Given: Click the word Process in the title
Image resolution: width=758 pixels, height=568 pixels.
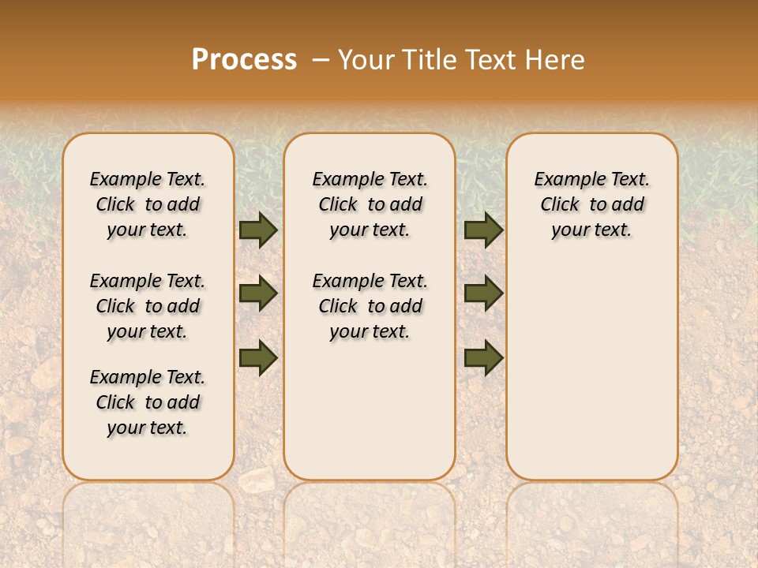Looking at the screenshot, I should [x=244, y=60].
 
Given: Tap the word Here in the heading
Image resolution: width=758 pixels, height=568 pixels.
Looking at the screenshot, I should [x=556, y=60].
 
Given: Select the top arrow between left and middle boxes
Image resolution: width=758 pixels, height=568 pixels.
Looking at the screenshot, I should [x=257, y=230].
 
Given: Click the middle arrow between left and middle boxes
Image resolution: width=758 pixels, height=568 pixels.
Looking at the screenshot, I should [x=257, y=293].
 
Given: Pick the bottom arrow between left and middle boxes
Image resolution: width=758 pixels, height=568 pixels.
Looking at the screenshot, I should [x=257, y=357].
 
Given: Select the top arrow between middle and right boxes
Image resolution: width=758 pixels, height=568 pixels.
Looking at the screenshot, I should [x=483, y=230].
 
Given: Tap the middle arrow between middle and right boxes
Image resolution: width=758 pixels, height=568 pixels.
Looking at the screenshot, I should [x=483, y=293].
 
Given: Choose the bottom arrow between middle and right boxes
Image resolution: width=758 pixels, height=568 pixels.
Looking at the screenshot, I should [x=483, y=357].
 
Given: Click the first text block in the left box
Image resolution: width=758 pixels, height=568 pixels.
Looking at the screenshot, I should [x=148, y=204].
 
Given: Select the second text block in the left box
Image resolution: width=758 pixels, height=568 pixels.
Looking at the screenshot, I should [x=148, y=306].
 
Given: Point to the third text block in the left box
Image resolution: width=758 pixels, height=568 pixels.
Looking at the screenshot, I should [x=148, y=402].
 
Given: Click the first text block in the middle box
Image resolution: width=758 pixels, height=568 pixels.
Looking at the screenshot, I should [x=370, y=204].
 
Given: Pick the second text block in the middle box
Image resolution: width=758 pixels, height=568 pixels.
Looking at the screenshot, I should [x=370, y=306].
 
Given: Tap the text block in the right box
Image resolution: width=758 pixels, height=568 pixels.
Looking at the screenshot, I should [x=592, y=204].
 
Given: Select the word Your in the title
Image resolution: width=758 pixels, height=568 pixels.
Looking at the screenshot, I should [x=368, y=60].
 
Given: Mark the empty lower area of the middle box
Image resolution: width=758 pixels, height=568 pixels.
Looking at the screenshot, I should [x=370, y=410].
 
